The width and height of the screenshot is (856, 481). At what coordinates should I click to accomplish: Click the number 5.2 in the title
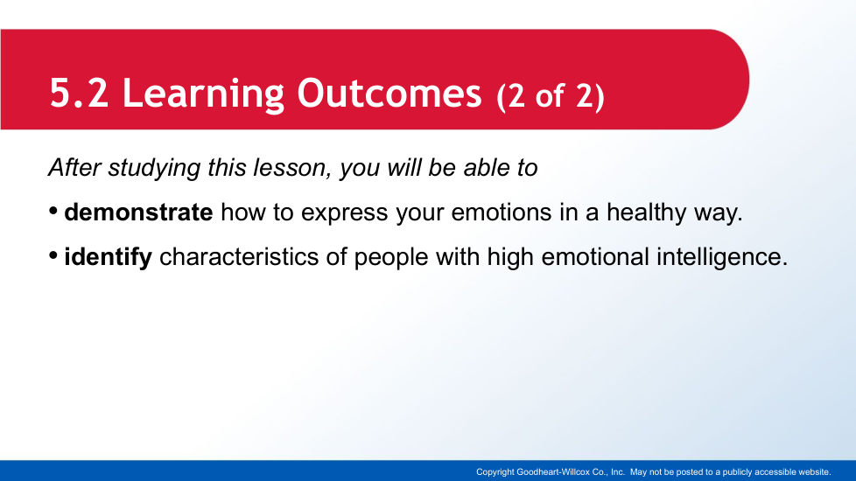tap(79, 94)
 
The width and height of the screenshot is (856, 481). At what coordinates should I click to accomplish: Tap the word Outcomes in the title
tap(389, 94)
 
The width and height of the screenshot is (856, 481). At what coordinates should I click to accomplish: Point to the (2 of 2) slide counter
tap(551, 96)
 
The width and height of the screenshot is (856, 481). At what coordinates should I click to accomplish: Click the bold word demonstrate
tap(138, 213)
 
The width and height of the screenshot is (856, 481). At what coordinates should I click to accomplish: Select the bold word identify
tap(108, 257)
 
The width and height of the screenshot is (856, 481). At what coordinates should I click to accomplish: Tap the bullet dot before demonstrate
tap(53, 211)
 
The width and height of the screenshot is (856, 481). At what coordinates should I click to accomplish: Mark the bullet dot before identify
tap(53, 255)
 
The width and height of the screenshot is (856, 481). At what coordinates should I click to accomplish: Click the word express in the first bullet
tap(345, 213)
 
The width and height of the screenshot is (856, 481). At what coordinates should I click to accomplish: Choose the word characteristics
tap(239, 257)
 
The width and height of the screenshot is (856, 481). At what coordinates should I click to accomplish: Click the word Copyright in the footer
tap(495, 472)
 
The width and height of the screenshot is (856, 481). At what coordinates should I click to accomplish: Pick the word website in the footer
tap(815, 472)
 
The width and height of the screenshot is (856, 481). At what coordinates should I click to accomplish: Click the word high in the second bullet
tap(510, 257)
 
